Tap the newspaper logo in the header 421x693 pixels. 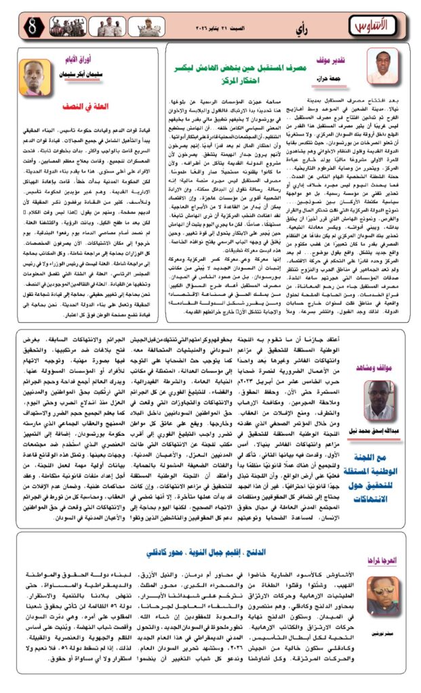click(370, 28)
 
